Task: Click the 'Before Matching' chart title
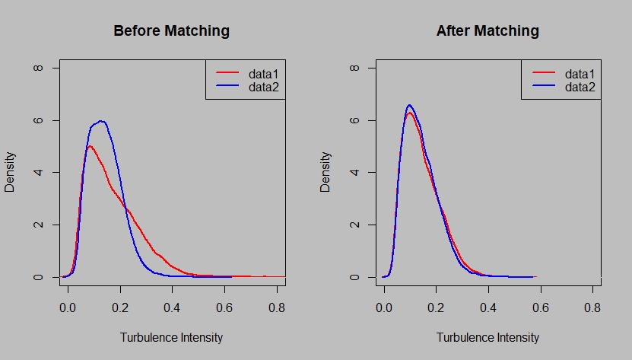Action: [x=171, y=31]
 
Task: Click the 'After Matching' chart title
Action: [x=487, y=31]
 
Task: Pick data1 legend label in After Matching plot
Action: [x=580, y=74]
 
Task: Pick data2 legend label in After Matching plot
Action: [x=580, y=88]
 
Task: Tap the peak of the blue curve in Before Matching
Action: [x=100, y=121]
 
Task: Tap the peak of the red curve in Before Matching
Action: [x=90, y=146]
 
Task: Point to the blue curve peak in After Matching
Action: [x=409, y=105]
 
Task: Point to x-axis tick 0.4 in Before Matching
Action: [x=172, y=308]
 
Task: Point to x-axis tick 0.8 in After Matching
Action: [x=592, y=308]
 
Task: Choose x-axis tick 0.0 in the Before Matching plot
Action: [x=68, y=308]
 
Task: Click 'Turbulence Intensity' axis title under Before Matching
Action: [x=171, y=337]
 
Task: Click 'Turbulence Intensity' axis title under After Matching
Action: [x=487, y=337]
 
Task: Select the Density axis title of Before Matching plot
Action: [x=11, y=173]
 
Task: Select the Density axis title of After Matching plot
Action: [x=326, y=173]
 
